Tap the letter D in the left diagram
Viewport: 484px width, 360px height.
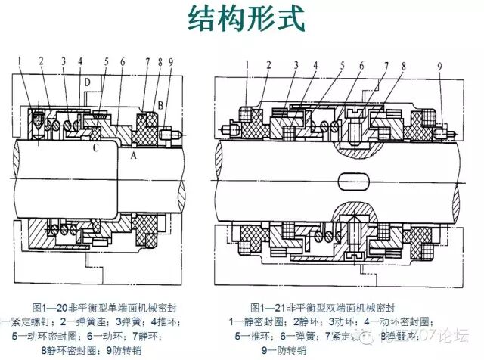pyautogui.click(x=88, y=81)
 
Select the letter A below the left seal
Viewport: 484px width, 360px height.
pyautogui.click(x=134, y=154)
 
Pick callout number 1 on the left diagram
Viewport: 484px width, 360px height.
pyautogui.click(x=22, y=59)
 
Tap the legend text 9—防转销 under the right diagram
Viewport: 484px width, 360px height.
pyautogui.click(x=284, y=350)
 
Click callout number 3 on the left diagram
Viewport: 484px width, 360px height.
pyautogui.click(x=64, y=61)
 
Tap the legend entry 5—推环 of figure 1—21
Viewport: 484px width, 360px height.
pyautogui.click(x=253, y=336)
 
